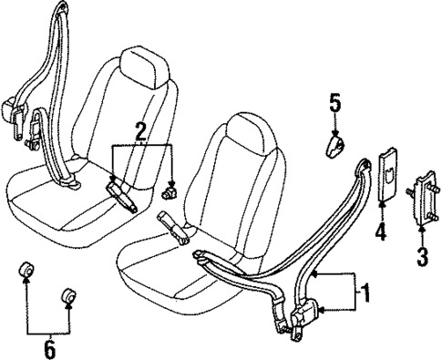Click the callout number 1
366,293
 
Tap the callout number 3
421,257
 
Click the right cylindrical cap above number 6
68,297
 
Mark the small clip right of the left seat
170,193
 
